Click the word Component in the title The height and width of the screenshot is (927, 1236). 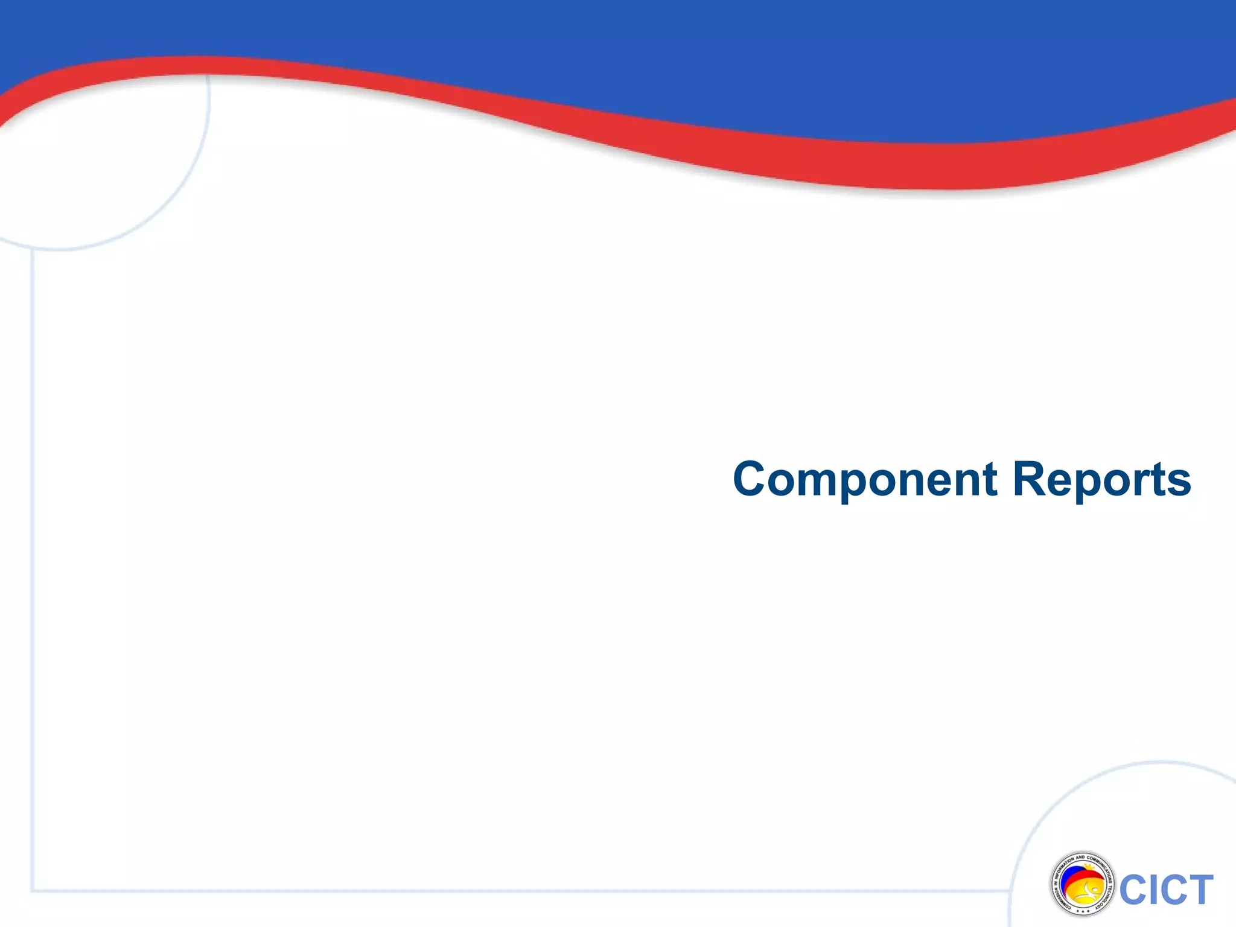pos(865,479)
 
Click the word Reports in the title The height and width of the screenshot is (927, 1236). pos(1101,479)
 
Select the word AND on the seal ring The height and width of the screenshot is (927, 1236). pos(1080,858)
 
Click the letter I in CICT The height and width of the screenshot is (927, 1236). pos(1150,890)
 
